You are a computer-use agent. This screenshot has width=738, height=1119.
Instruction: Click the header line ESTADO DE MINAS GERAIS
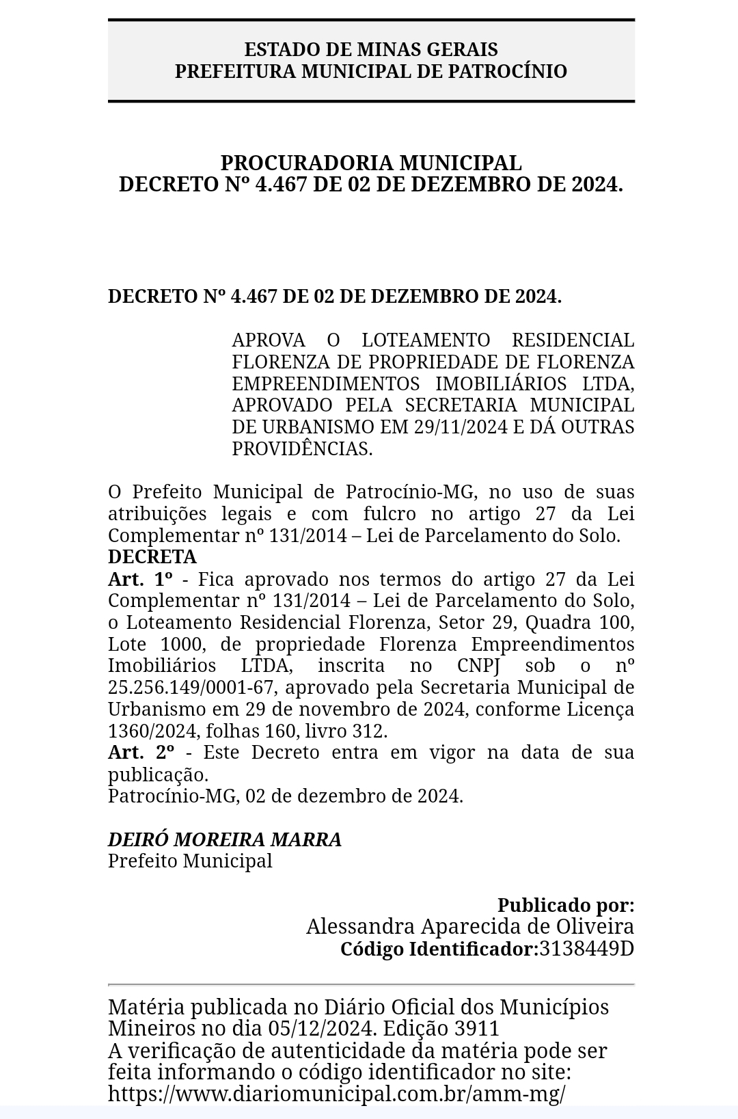pos(371,50)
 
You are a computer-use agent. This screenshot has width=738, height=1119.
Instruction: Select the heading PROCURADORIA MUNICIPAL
pos(371,163)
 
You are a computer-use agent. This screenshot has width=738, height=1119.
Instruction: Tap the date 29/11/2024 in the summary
pos(461,427)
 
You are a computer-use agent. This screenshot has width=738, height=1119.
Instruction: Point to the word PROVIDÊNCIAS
pos(302,449)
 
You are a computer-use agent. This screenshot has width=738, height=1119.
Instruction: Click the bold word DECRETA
pos(152,557)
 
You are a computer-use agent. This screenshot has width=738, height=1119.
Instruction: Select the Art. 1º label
pos(140,580)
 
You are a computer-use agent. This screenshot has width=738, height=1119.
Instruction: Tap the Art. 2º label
pos(141,753)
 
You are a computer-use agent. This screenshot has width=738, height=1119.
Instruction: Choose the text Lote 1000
pos(154,645)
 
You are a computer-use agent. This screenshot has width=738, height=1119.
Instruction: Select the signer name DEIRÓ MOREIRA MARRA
pos(225,839)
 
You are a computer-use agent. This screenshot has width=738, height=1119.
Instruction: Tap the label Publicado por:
pos(566,905)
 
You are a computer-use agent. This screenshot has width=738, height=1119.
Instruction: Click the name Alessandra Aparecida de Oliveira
pos(470,926)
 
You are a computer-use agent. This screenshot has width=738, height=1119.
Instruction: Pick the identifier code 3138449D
pos(586,949)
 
